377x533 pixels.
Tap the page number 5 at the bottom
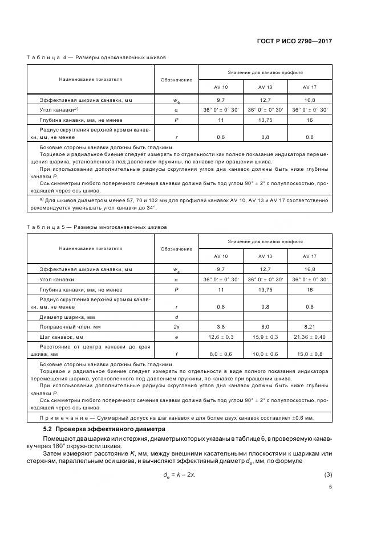tap(330, 486)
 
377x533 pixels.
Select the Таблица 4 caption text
tap(96, 58)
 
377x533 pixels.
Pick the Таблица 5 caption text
tap(97, 227)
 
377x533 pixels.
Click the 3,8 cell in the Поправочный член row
tap(221, 327)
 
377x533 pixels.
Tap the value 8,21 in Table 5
tap(310, 327)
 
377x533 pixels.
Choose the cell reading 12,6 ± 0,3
tap(221, 337)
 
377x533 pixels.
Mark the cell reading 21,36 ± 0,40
tap(310, 337)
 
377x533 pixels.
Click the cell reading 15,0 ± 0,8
tap(310, 354)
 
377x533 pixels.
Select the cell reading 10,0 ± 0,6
tap(265, 354)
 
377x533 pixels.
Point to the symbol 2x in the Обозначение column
tap(176, 327)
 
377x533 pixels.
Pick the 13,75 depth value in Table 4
tap(265, 120)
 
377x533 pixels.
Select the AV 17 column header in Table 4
tap(310, 87)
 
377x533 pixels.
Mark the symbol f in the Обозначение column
tap(176, 354)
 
